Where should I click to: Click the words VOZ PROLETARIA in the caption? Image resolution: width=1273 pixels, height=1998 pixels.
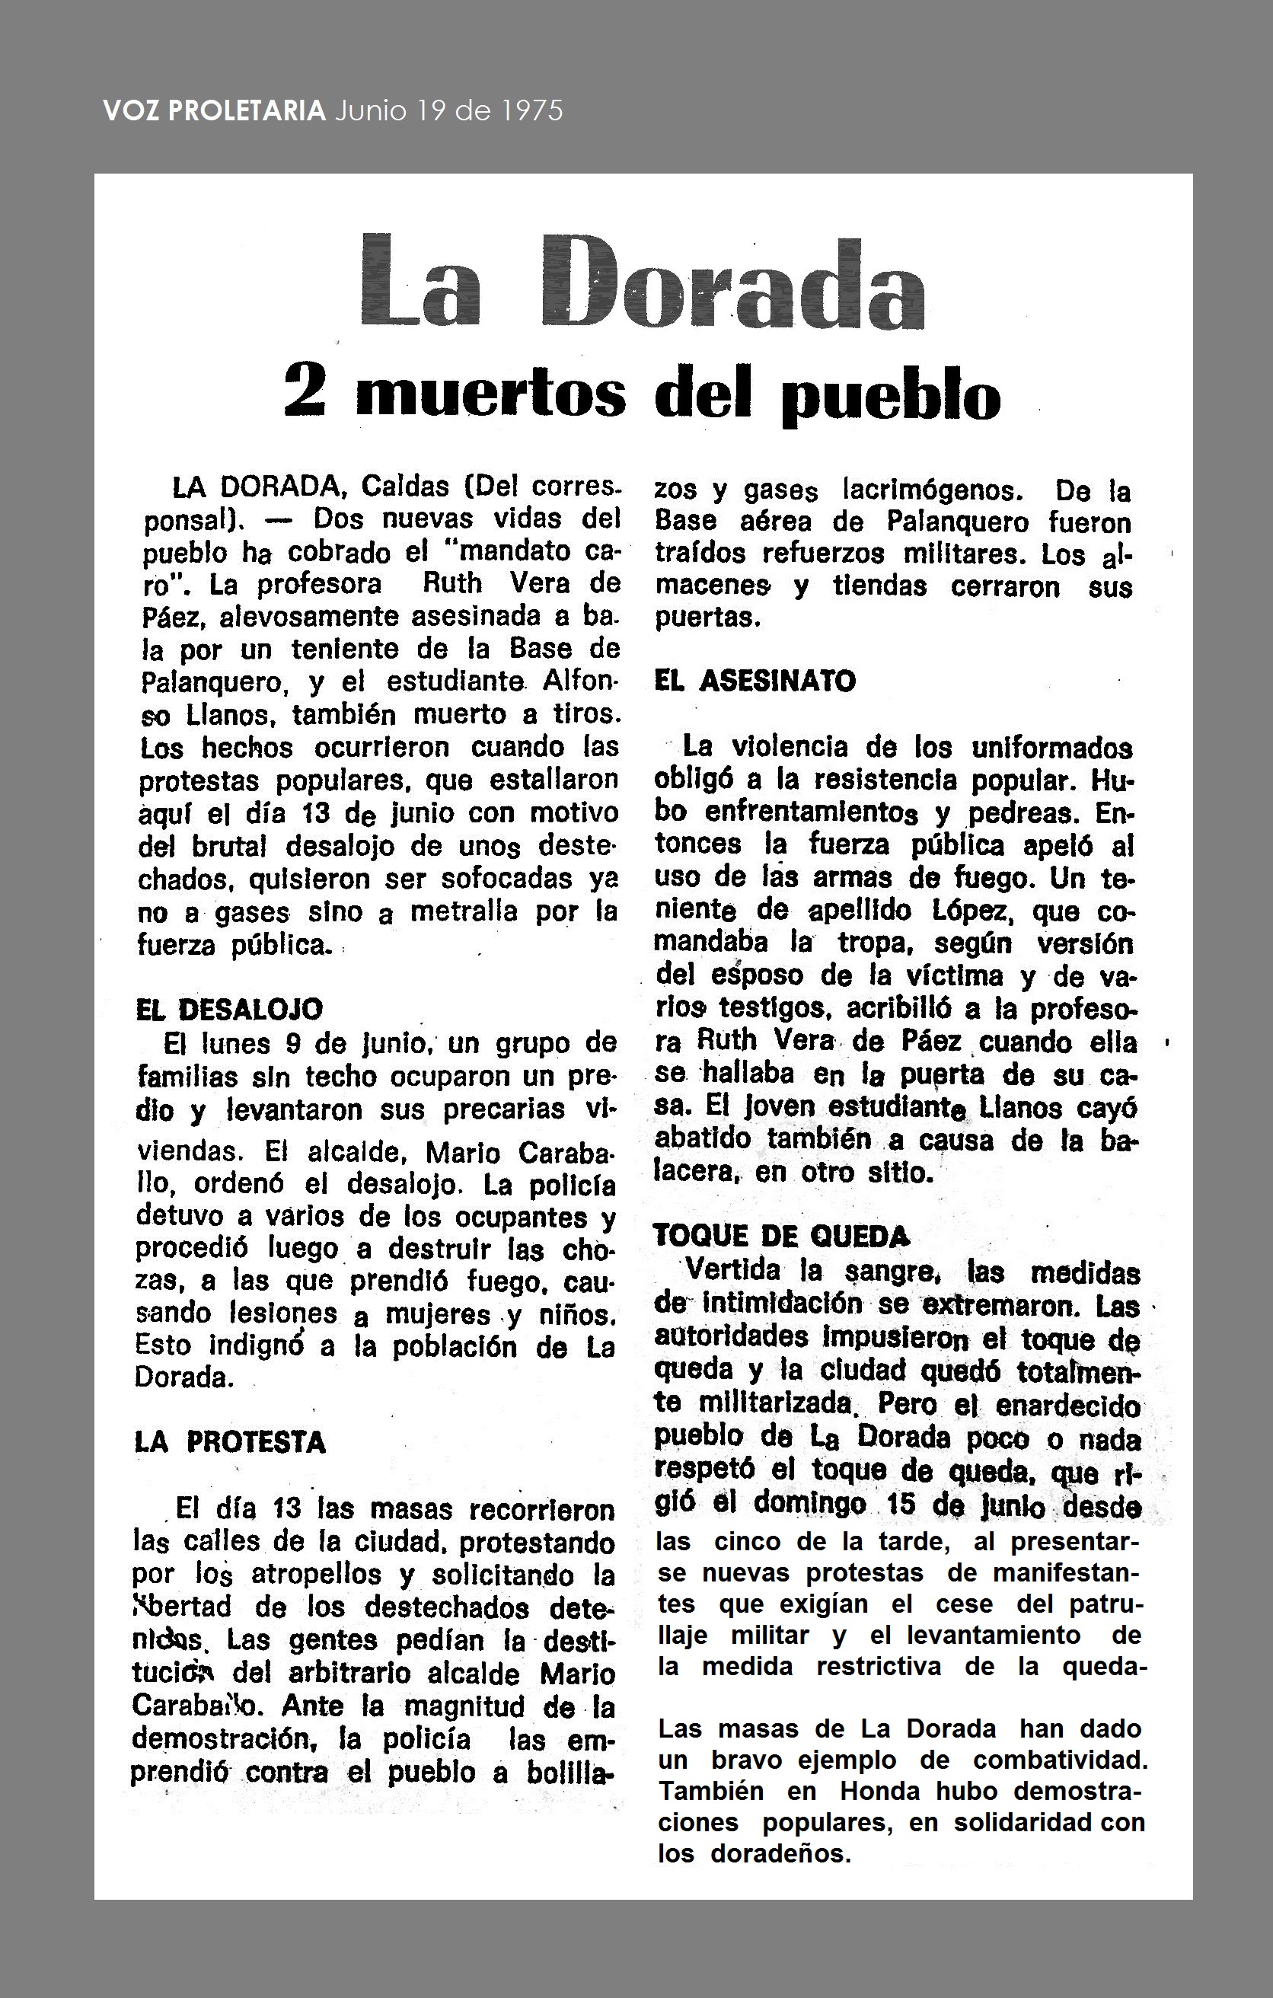click(214, 110)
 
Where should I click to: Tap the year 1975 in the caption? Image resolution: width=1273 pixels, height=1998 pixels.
click(532, 110)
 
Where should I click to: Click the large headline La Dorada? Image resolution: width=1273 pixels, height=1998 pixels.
click(643, 282)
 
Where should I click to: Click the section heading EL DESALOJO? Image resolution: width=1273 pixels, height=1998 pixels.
click(229, 1009)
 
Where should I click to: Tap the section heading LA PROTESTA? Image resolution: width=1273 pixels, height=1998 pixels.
click(230, 1442)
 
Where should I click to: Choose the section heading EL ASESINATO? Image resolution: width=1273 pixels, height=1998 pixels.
click(755, 681)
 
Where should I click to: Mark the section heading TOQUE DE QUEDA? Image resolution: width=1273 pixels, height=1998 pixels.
click(781, 1237)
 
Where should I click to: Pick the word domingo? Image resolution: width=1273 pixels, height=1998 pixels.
click(810, 1504)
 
